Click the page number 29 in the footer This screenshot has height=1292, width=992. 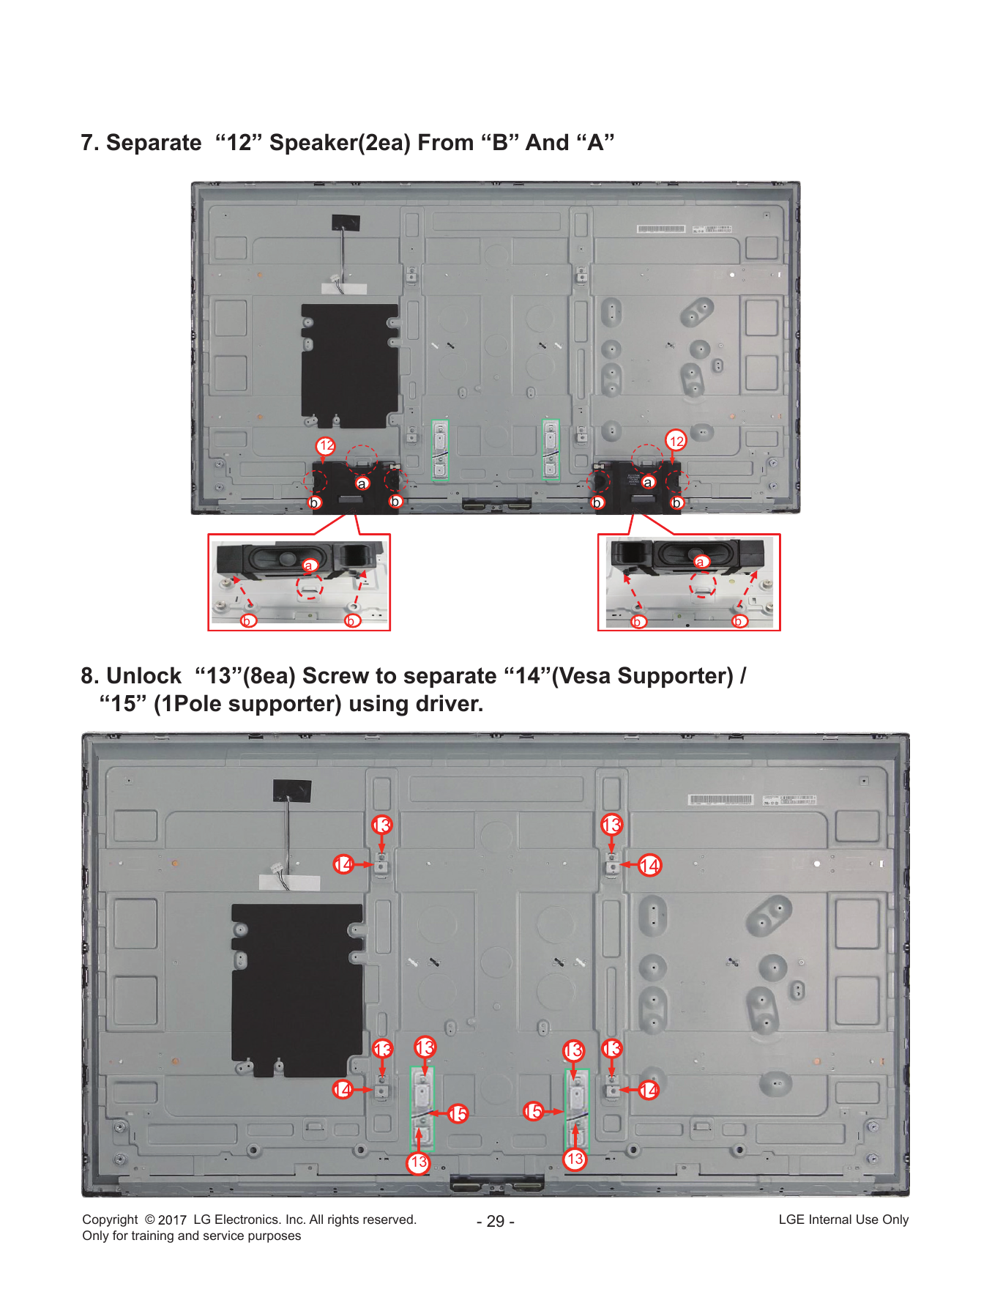coord(496,1221)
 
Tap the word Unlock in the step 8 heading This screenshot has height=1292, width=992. coord(144,675)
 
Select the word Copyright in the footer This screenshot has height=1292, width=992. coord(110,1219)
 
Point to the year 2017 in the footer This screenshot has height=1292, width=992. coord(172,1219)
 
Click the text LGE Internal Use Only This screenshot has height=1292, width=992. coord(843,1219)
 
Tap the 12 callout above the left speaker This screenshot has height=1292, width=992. coord(326,445)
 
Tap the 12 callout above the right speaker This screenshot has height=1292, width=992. coord(676,440)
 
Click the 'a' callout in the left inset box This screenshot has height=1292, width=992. coord(309,565)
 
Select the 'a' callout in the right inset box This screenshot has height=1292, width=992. coord(701,562)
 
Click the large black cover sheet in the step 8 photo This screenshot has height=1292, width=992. coord(297,989)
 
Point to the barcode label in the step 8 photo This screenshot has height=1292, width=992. coord(720,799)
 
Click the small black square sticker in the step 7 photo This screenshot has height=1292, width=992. coord(346,223)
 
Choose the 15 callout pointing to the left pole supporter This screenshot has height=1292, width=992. coord(458,1114)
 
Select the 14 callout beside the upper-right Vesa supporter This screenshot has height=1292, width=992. coord(649,865)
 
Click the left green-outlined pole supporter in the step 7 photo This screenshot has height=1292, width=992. coord(440,450)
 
